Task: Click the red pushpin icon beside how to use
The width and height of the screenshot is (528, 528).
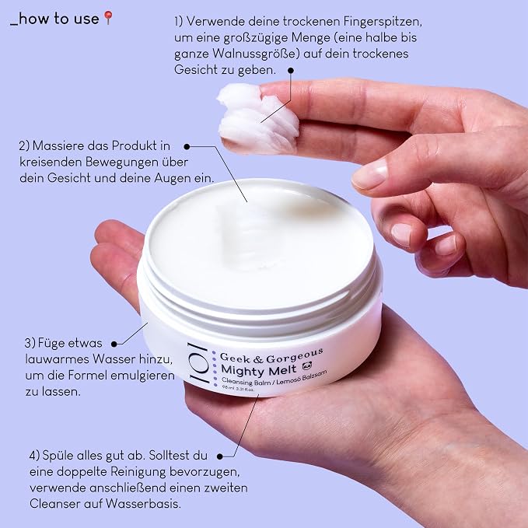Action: (x=108, y=18)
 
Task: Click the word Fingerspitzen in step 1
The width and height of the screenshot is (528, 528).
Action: (x=383, y=22)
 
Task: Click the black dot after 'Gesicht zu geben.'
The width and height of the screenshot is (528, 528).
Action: (x=291, y=71)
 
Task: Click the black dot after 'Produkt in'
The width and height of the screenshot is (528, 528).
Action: (x=187, y=146)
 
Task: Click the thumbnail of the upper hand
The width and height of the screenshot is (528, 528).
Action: (x=369, y=174)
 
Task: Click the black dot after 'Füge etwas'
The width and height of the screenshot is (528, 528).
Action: (x=114, y=344)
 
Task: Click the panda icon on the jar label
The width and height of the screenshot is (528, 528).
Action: (x=307, y=365)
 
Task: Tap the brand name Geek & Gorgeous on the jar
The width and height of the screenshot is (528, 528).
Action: (x=271, y=357)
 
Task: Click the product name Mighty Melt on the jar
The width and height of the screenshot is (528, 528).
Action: (x=259, y=370)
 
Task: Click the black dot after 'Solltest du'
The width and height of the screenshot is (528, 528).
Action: (x=220, y=456)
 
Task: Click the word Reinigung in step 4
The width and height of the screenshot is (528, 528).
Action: (x=138, y=472)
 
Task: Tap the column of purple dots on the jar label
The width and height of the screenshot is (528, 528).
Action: (x=215, y=368)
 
